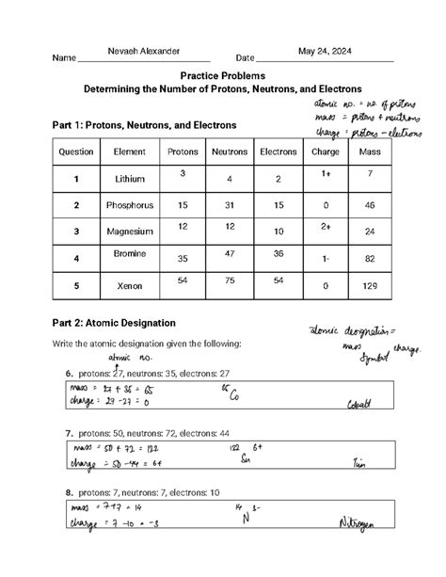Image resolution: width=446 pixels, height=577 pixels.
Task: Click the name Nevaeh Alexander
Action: (x=146, y=51)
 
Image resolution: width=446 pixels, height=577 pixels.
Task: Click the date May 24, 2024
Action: (x=326, y=51)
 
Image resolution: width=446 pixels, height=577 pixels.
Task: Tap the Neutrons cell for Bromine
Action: (x=230, y=254)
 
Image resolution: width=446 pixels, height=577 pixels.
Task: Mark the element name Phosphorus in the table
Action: (x=129, y=204)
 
